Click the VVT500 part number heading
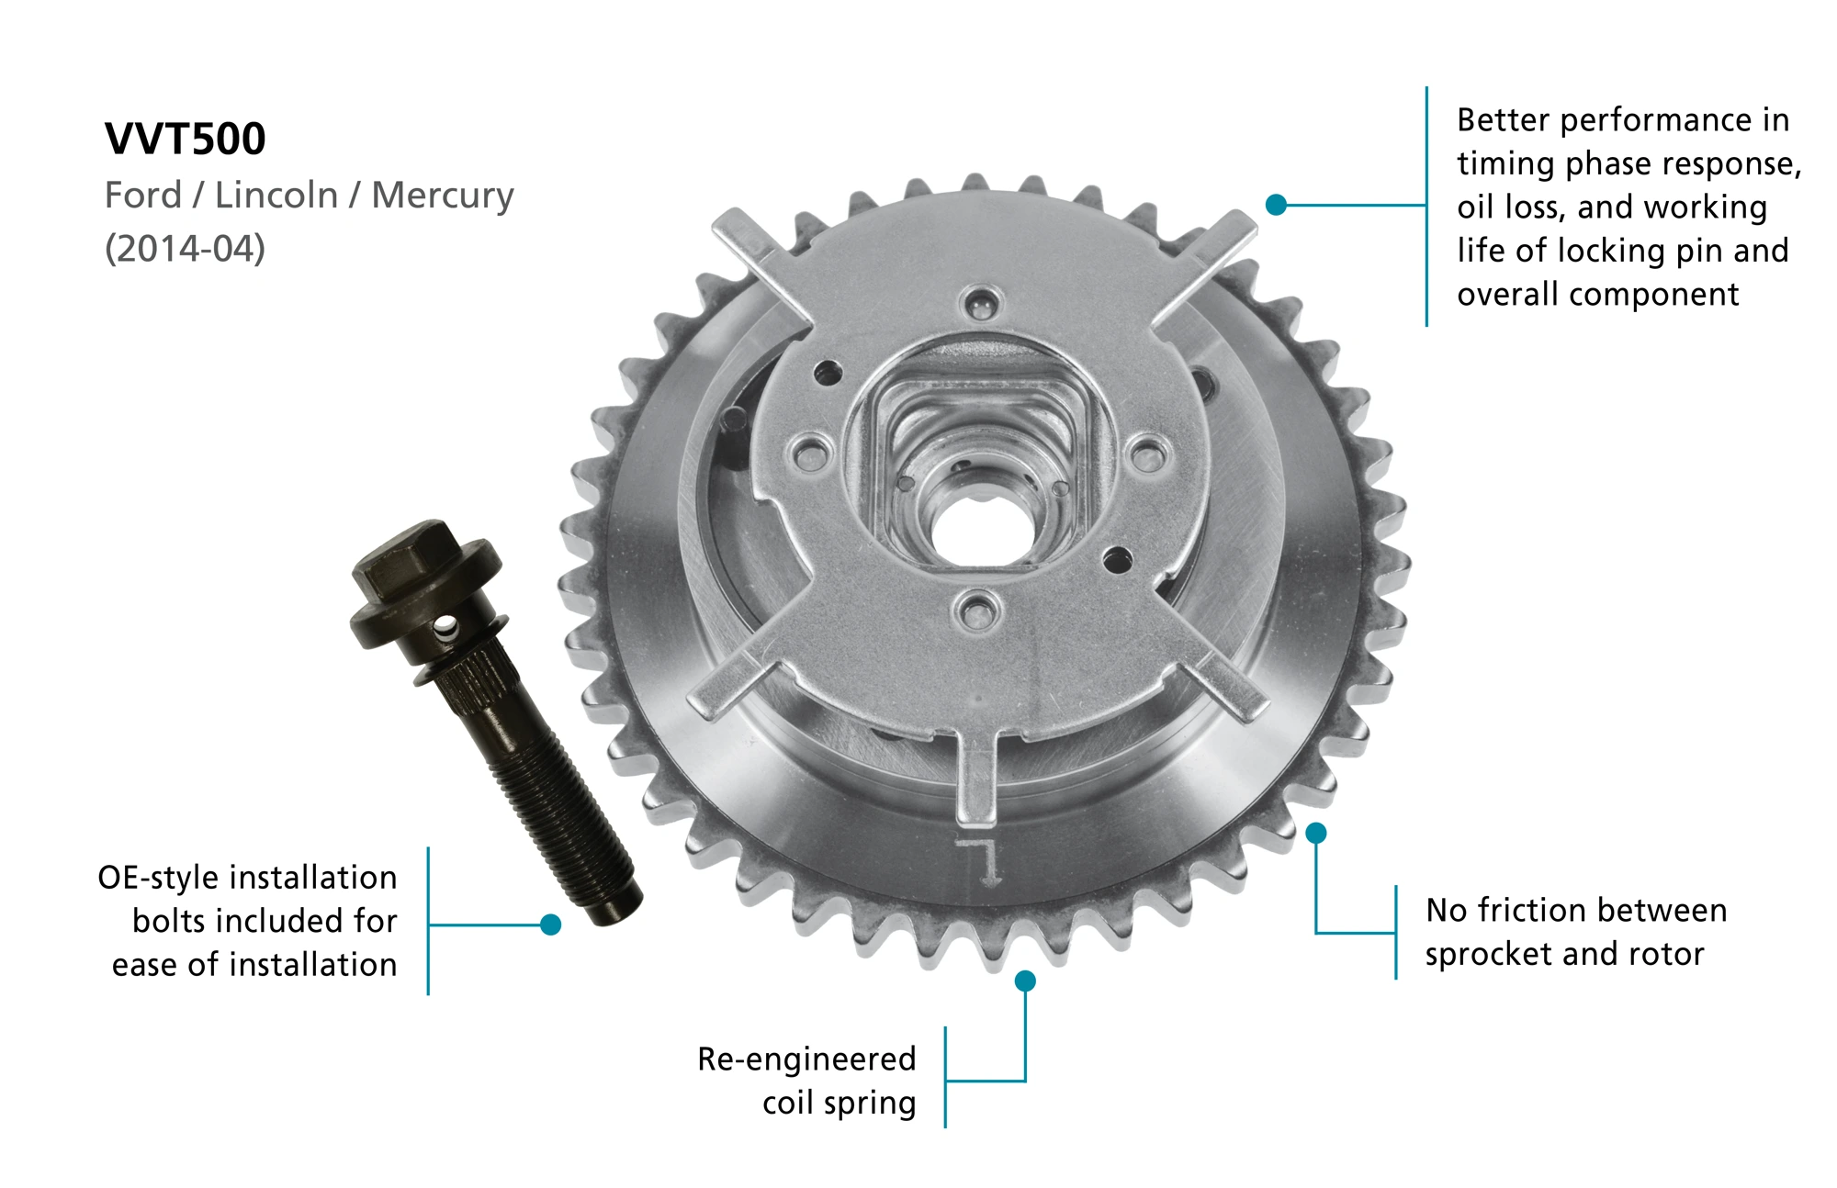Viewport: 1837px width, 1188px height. click(185, 140)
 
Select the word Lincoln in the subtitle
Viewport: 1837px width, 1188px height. click(276, 196)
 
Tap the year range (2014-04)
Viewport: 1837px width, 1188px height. click(185, 249)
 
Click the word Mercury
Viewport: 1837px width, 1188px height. click(443, 196)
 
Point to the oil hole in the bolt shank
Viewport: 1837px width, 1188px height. click(445, 628)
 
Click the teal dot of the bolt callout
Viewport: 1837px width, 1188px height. click(551, 925)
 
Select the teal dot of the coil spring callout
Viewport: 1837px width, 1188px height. click(1025, 981)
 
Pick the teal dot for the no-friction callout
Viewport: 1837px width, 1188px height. click(1316, 833)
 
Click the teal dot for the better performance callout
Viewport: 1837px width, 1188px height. click(1276, 205)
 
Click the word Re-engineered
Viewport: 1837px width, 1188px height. click(806, 1059)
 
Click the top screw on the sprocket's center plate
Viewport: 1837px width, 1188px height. click(980, 303)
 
